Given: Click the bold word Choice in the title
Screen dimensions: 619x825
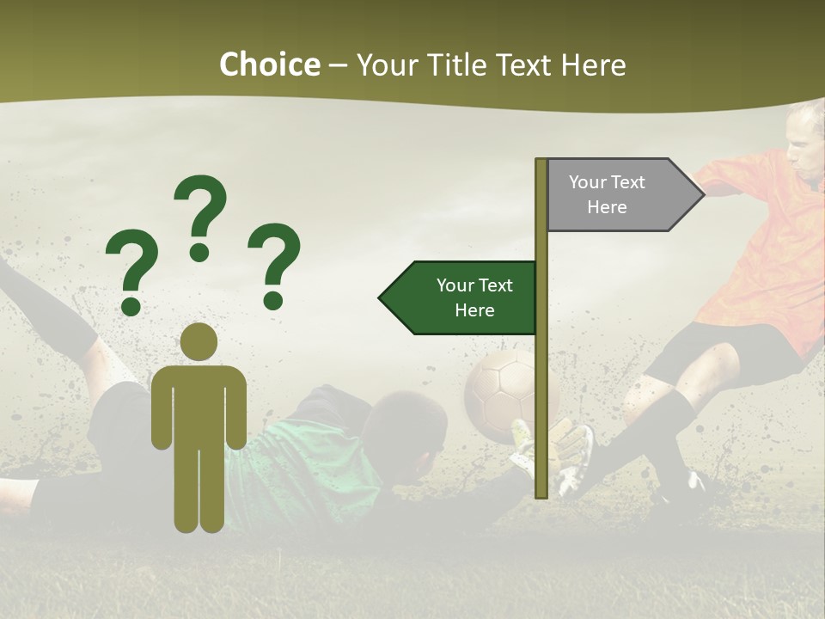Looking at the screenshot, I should (x=269, y=65).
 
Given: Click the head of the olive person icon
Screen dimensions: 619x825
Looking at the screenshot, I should (x=199, y=342).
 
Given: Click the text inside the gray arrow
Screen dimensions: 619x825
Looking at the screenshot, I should (x=607, y=195).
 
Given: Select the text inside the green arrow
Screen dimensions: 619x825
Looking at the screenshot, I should (x=474, y=298).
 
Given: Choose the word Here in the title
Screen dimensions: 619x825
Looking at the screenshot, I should (x=594, y=65).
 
